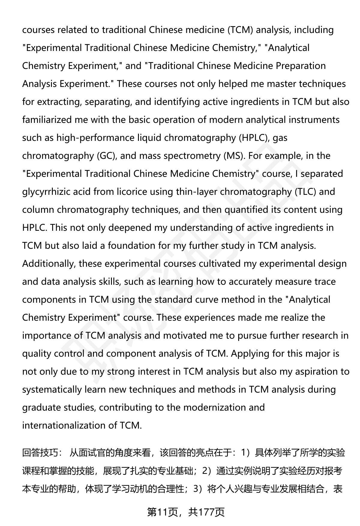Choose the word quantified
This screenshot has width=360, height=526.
tap(247, 210)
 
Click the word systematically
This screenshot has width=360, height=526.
tap(52, 389)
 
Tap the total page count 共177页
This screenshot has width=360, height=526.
tap(207, 512)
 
